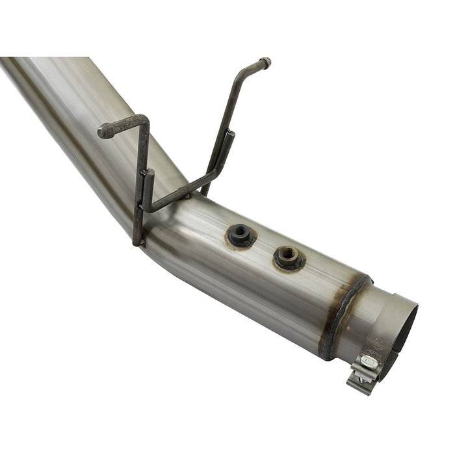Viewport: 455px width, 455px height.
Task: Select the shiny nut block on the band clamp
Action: click(x=369, y=361)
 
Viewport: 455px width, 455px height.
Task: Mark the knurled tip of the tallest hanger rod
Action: click(x=265, y=62)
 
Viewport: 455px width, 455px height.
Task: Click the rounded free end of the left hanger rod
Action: click(x=103, y=132)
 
